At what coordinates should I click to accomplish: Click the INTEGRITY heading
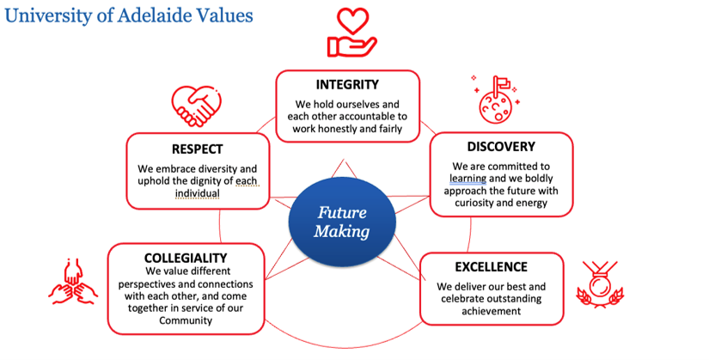347,84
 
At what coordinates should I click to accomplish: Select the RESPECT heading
197,149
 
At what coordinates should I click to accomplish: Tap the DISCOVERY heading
501,147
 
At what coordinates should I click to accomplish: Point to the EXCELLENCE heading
491,267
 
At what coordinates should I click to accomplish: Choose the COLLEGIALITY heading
186,258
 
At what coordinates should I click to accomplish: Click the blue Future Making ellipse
342,222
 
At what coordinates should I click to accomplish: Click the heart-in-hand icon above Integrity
351,32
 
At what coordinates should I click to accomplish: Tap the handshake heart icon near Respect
196,107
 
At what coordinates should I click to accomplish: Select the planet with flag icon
496,99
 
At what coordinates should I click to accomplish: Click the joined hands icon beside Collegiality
73,281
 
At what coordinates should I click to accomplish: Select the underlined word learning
468,179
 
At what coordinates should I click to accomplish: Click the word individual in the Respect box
198,193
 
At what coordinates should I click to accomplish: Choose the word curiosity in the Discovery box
474,203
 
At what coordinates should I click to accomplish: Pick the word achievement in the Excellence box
491,311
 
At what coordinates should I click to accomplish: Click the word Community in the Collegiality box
186,320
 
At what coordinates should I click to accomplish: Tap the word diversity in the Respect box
218,169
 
